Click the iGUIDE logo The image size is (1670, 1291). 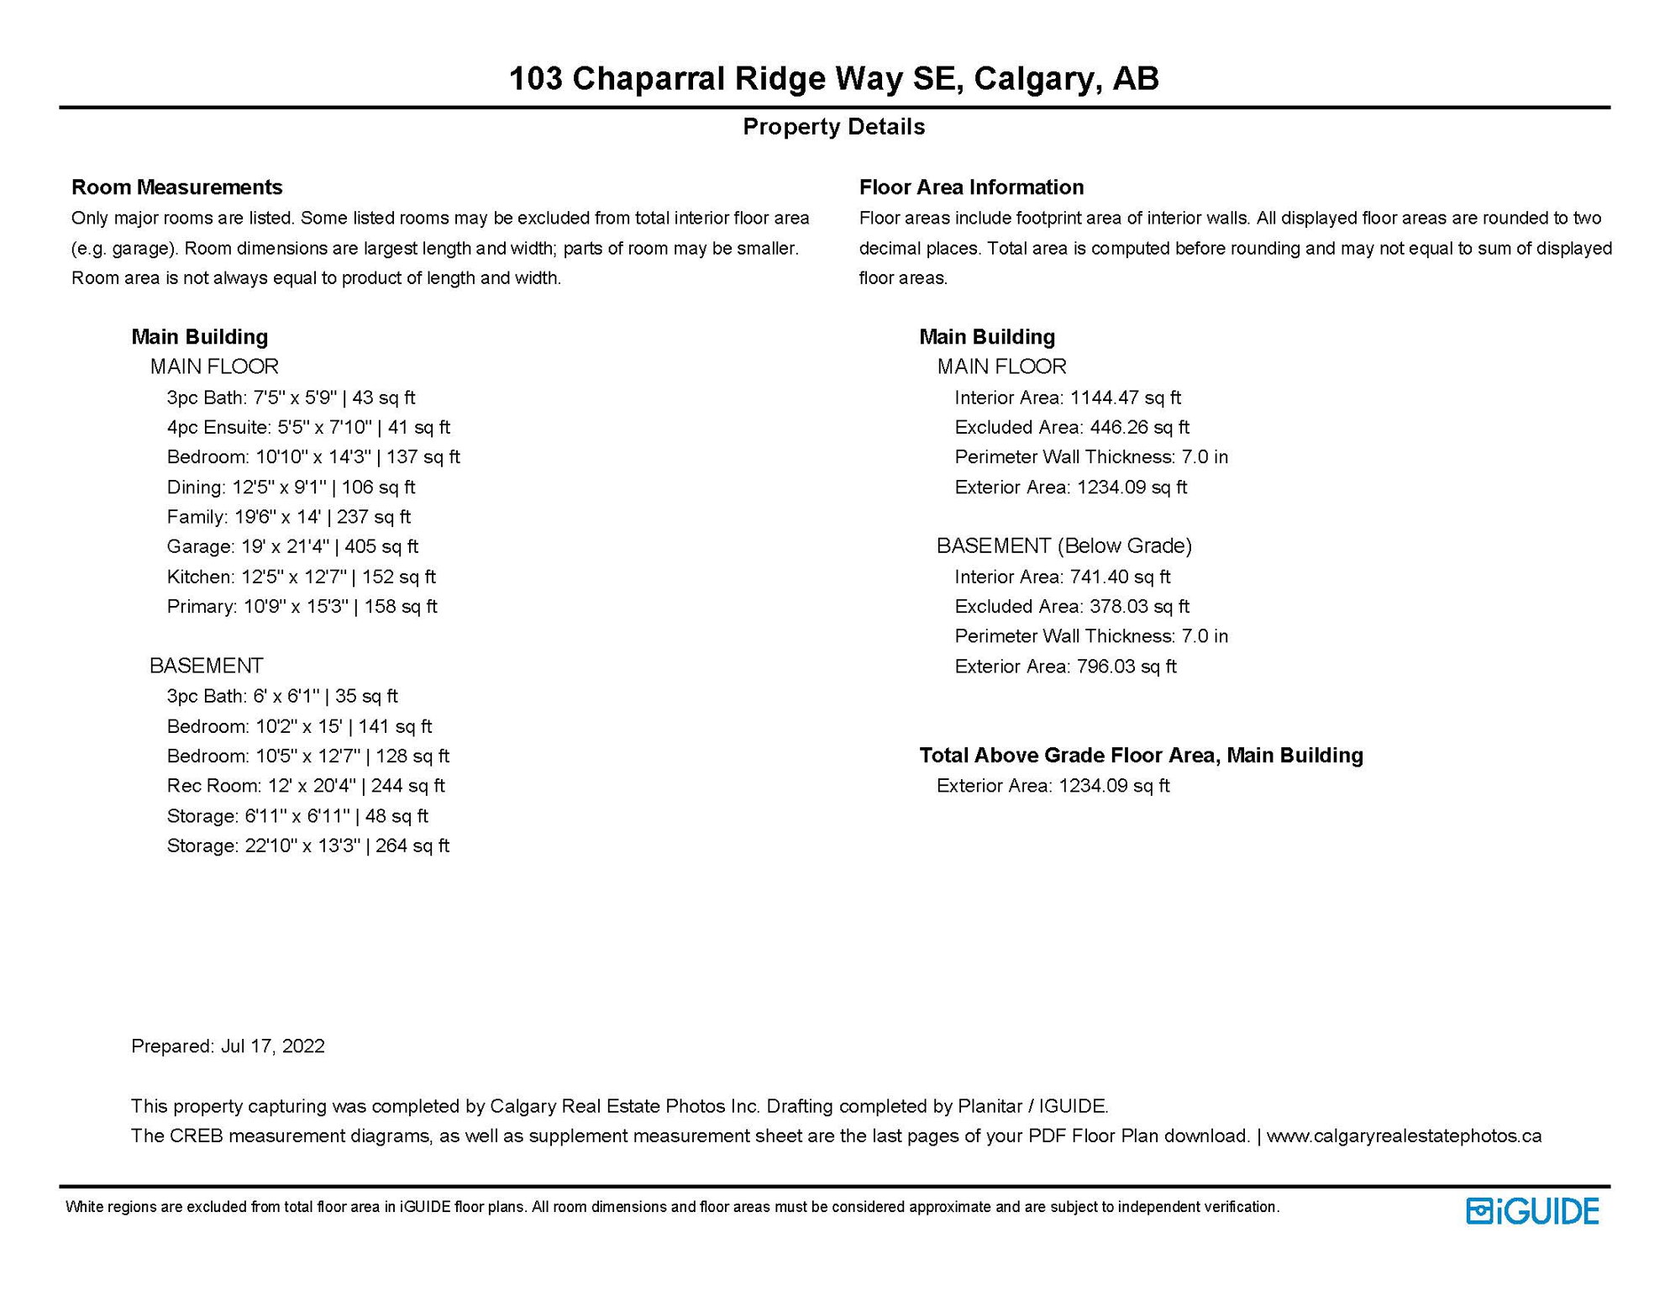[1531, 1211]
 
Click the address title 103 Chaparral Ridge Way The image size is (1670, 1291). [833, 79]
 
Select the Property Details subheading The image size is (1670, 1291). [833, 127]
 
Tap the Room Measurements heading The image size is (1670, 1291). [176, 187]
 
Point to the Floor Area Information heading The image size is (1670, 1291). [971, 187]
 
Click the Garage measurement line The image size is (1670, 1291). [292, 547]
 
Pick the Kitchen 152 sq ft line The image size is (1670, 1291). [301, 577]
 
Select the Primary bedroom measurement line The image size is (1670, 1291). [302, 607]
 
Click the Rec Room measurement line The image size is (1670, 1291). [306, 786]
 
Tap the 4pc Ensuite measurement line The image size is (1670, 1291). [308, 428]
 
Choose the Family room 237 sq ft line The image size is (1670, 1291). [288, 517]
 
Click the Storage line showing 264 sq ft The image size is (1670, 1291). [307, 846]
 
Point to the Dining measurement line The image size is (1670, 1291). [291, 487]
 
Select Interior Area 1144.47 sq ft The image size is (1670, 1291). [1068, 398]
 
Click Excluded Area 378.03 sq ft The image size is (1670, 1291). [1072, 607]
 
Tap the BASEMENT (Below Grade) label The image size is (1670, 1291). [1064, 546]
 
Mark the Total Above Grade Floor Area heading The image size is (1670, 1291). [1141, 756]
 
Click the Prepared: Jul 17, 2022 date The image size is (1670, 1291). [228, 1046]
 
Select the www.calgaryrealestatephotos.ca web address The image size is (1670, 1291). [1404, 1136]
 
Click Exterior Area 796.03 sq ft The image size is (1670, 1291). [1065, 667]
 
